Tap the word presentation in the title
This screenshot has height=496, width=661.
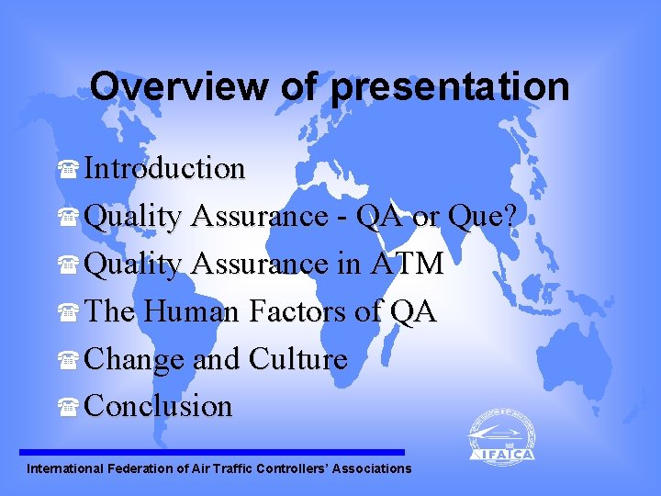[x=450, y=87]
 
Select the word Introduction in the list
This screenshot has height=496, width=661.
[x=164, y=168]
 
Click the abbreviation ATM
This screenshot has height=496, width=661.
[x=407, y=265]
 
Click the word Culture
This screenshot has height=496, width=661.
[x=298, y=359]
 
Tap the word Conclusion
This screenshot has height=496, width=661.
[x=158, y=406]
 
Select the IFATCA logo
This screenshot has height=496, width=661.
[x=501, y=437]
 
